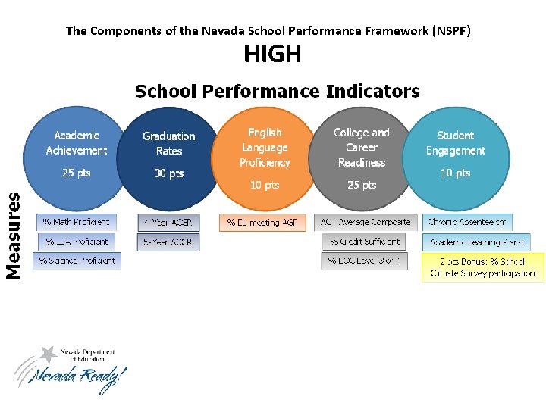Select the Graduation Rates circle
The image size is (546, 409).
pyautogui.click(x=168, y=156)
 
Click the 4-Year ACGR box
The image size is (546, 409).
pyautogui.click(x=168, y=223)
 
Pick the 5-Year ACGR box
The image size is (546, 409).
pyautogui.click(x=168, y=242)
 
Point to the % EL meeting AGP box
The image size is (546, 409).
pyautogui.click(x=262, y=223)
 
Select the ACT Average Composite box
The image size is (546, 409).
pyautogui.click(x=366, y=223)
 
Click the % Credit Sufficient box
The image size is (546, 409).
pyautogui.click(x=364, y=242)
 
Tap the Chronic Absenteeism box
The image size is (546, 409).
pyautogui.click(x=469, y=223)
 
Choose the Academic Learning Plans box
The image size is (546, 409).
pyautogui.click(x=476, y=242)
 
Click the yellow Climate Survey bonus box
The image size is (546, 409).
pyautogui.click(x=482, y=267)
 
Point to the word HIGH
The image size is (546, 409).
pyautogui.click(x=272, y=55)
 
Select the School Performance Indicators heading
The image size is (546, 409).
pyautogui.click(x=277, y=92)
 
